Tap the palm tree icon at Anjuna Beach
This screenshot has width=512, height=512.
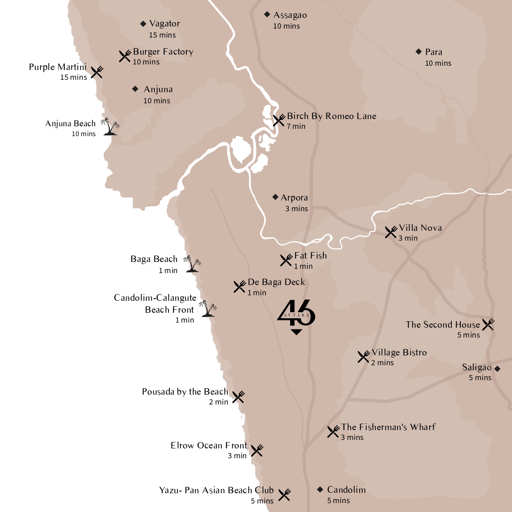(110, 127)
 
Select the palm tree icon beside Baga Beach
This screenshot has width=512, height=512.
(192, 265)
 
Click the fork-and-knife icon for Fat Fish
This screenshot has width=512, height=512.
(286, 260)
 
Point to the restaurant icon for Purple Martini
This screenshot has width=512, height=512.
(97, 72)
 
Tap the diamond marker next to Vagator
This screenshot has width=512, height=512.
(143, 24)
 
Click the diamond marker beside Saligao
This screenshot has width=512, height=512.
(497, 369)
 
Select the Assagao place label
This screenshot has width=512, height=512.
(290, 15)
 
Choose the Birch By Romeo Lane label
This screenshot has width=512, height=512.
(332, 116)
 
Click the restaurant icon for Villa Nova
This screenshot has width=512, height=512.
(391, 232)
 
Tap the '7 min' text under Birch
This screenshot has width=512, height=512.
(296, 126)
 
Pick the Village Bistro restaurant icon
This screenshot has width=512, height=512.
(364, 357)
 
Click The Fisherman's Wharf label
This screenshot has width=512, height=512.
(388, 427)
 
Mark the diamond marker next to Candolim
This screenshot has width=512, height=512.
(320, 489)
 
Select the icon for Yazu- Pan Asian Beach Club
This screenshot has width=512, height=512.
(285, 495)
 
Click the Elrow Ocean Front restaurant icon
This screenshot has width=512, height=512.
(257, 451)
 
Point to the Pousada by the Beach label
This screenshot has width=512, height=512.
(185, 392)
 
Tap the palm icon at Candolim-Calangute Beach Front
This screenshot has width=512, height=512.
(208, 308)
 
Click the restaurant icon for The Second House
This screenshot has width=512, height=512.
(488, 324)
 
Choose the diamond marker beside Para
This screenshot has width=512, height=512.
(419, 52)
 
